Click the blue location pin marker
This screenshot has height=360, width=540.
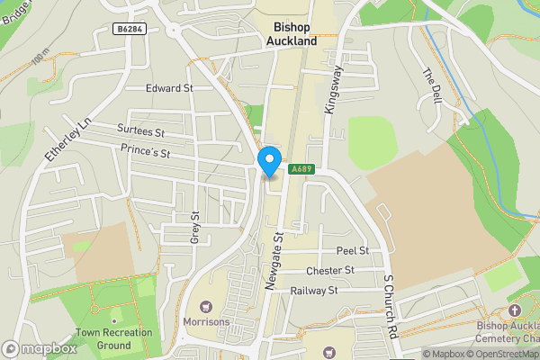point(268,161)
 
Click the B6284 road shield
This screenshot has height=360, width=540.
point(130,30)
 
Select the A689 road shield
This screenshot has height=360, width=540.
point(300,168)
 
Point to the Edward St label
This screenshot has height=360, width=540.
point(170,88)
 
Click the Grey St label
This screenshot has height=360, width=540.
point(194,229)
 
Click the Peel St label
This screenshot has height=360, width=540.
point(353,249)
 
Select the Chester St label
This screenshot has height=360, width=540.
point(330,270)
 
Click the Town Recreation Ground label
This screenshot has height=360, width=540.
point(114,338)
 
